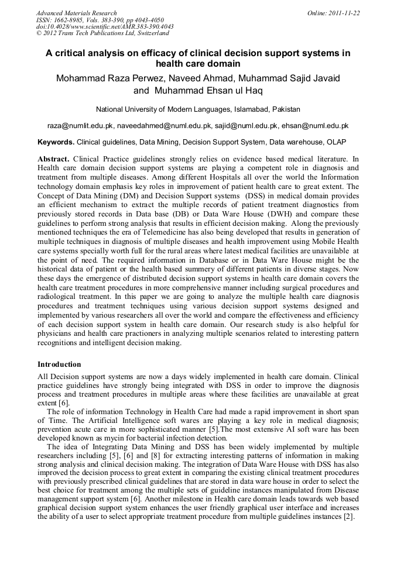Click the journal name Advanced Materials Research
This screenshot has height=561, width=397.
point(76,13)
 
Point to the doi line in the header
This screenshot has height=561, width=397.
point(105,26)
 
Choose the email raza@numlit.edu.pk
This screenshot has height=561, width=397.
point(80,126)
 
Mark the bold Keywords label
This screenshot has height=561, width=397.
point(56,142)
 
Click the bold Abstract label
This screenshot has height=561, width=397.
point(53,159)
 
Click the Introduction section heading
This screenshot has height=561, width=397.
point(59,364)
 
